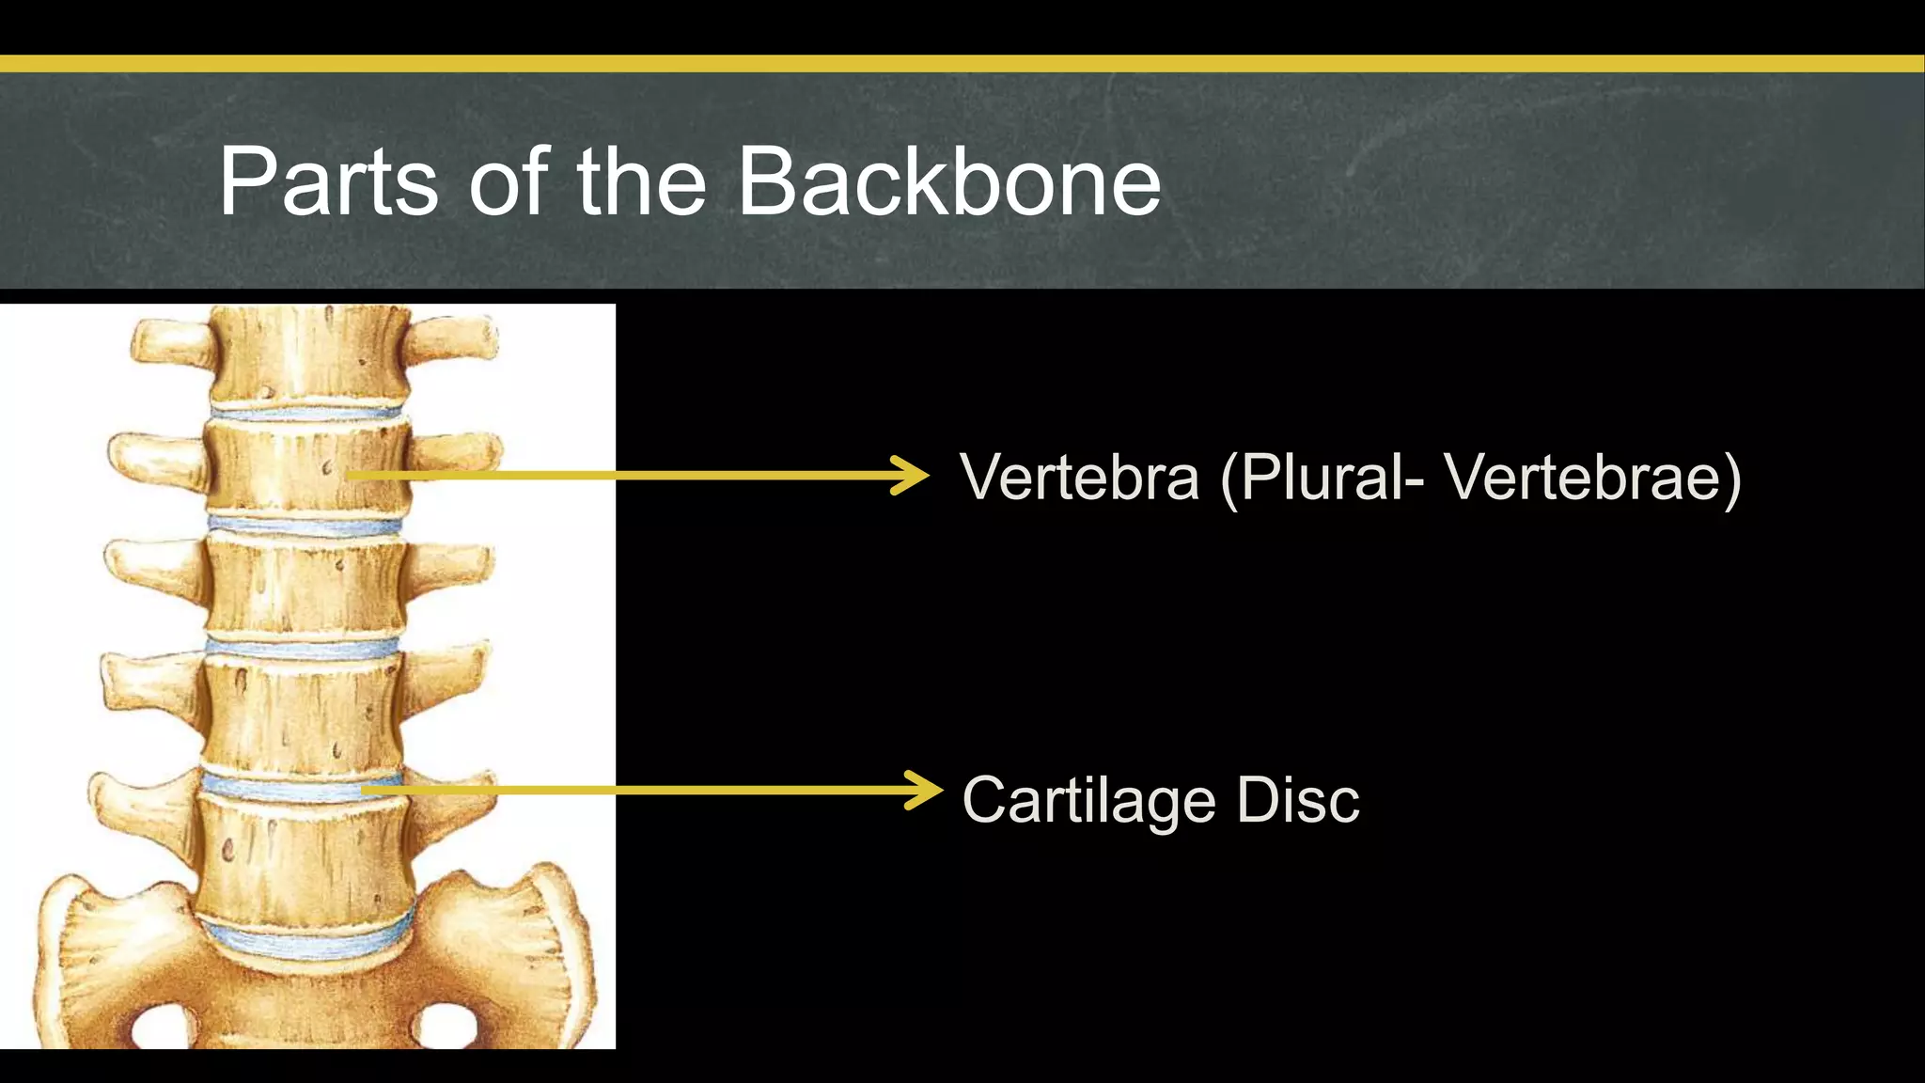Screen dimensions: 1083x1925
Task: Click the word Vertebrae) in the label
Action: click(x=1593, y=477)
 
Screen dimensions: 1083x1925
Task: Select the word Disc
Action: click(x=1298, y=800)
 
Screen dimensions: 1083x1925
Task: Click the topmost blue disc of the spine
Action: click(x=306, y=412)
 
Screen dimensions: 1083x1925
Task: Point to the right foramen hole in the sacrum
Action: click(x=446, y=1027)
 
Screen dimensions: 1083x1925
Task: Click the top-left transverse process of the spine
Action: click(x=169, y=342)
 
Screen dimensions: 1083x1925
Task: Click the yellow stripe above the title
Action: click(x=962, y=64)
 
